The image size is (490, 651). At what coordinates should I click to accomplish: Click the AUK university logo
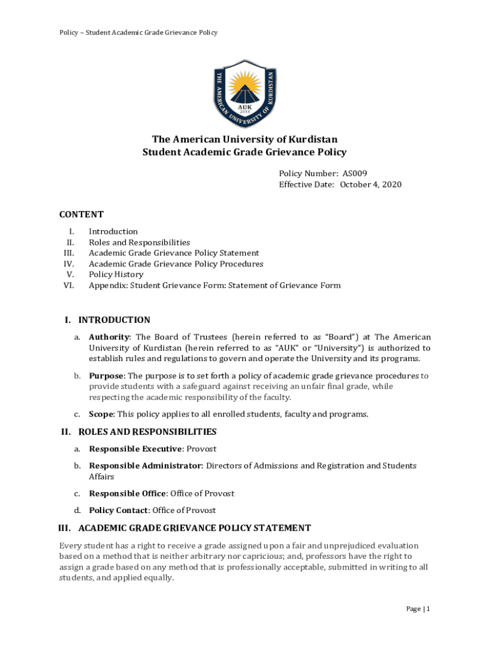pos(245,93)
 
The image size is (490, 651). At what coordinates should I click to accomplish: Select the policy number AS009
pos(354,173)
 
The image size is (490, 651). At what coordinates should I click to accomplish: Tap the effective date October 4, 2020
pos(370,184)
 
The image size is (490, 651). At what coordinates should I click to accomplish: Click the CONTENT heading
pos(81,214)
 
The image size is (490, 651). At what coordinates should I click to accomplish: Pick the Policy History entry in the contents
pos(116,275)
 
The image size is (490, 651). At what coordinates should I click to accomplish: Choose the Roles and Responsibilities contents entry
pos(139,242)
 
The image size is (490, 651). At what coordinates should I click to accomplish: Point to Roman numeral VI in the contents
pos(69,285)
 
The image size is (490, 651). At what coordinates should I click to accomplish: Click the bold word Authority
pos(109,337)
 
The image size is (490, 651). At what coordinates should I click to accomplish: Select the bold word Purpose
pos(106,376)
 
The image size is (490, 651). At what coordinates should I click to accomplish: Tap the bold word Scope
pos(102,415)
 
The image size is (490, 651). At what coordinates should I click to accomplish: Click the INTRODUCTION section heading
pos(114,320)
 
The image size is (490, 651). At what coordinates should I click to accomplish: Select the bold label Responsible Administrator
pos(145,465)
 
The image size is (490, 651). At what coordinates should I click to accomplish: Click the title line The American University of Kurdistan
pos(244,139)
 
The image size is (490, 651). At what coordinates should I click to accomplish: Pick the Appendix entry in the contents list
pos(214,285)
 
